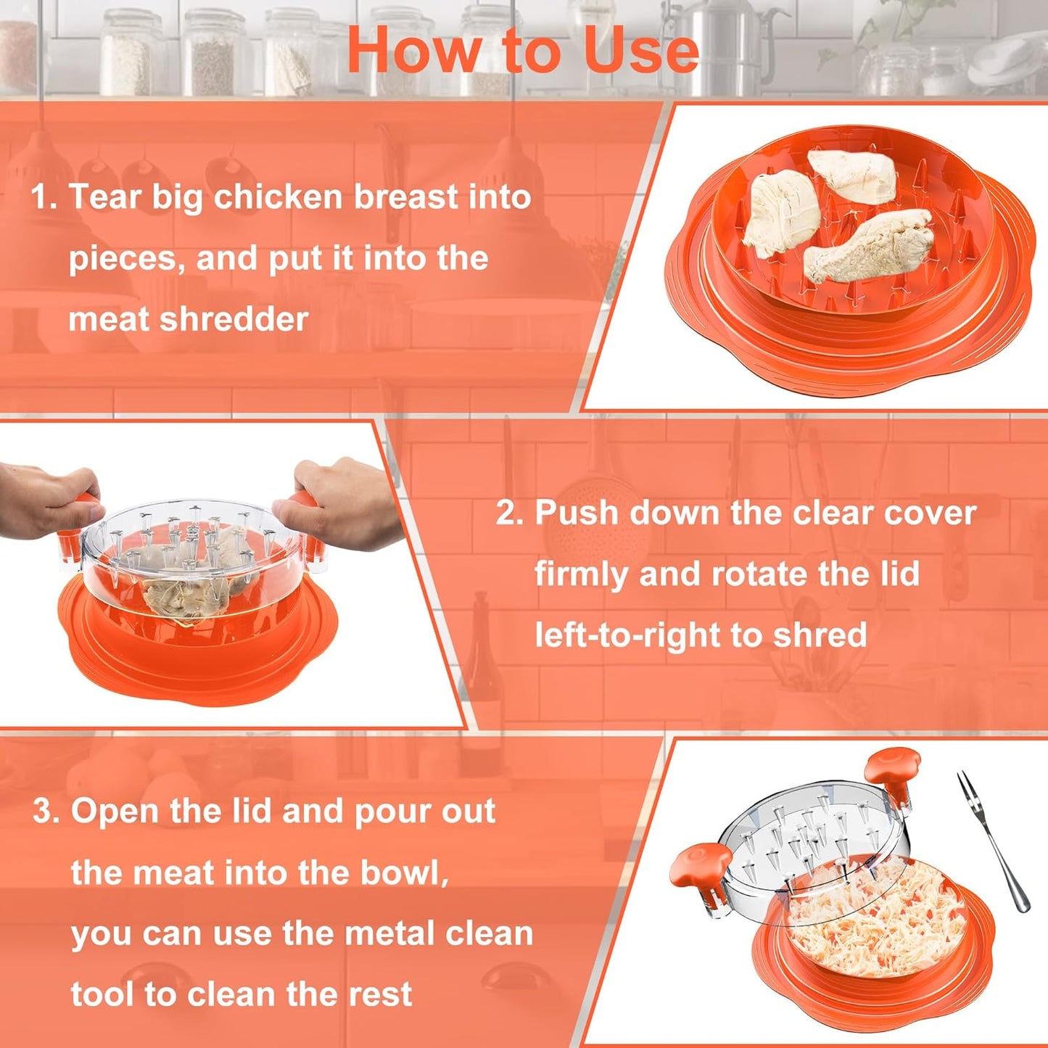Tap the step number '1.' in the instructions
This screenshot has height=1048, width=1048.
click(x=44, y=197)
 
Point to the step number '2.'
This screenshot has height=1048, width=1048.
click(x=510, y=513)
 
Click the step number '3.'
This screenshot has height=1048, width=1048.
click(x=46, y=811)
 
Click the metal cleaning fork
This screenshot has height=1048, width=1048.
click(x=990, y=841)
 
